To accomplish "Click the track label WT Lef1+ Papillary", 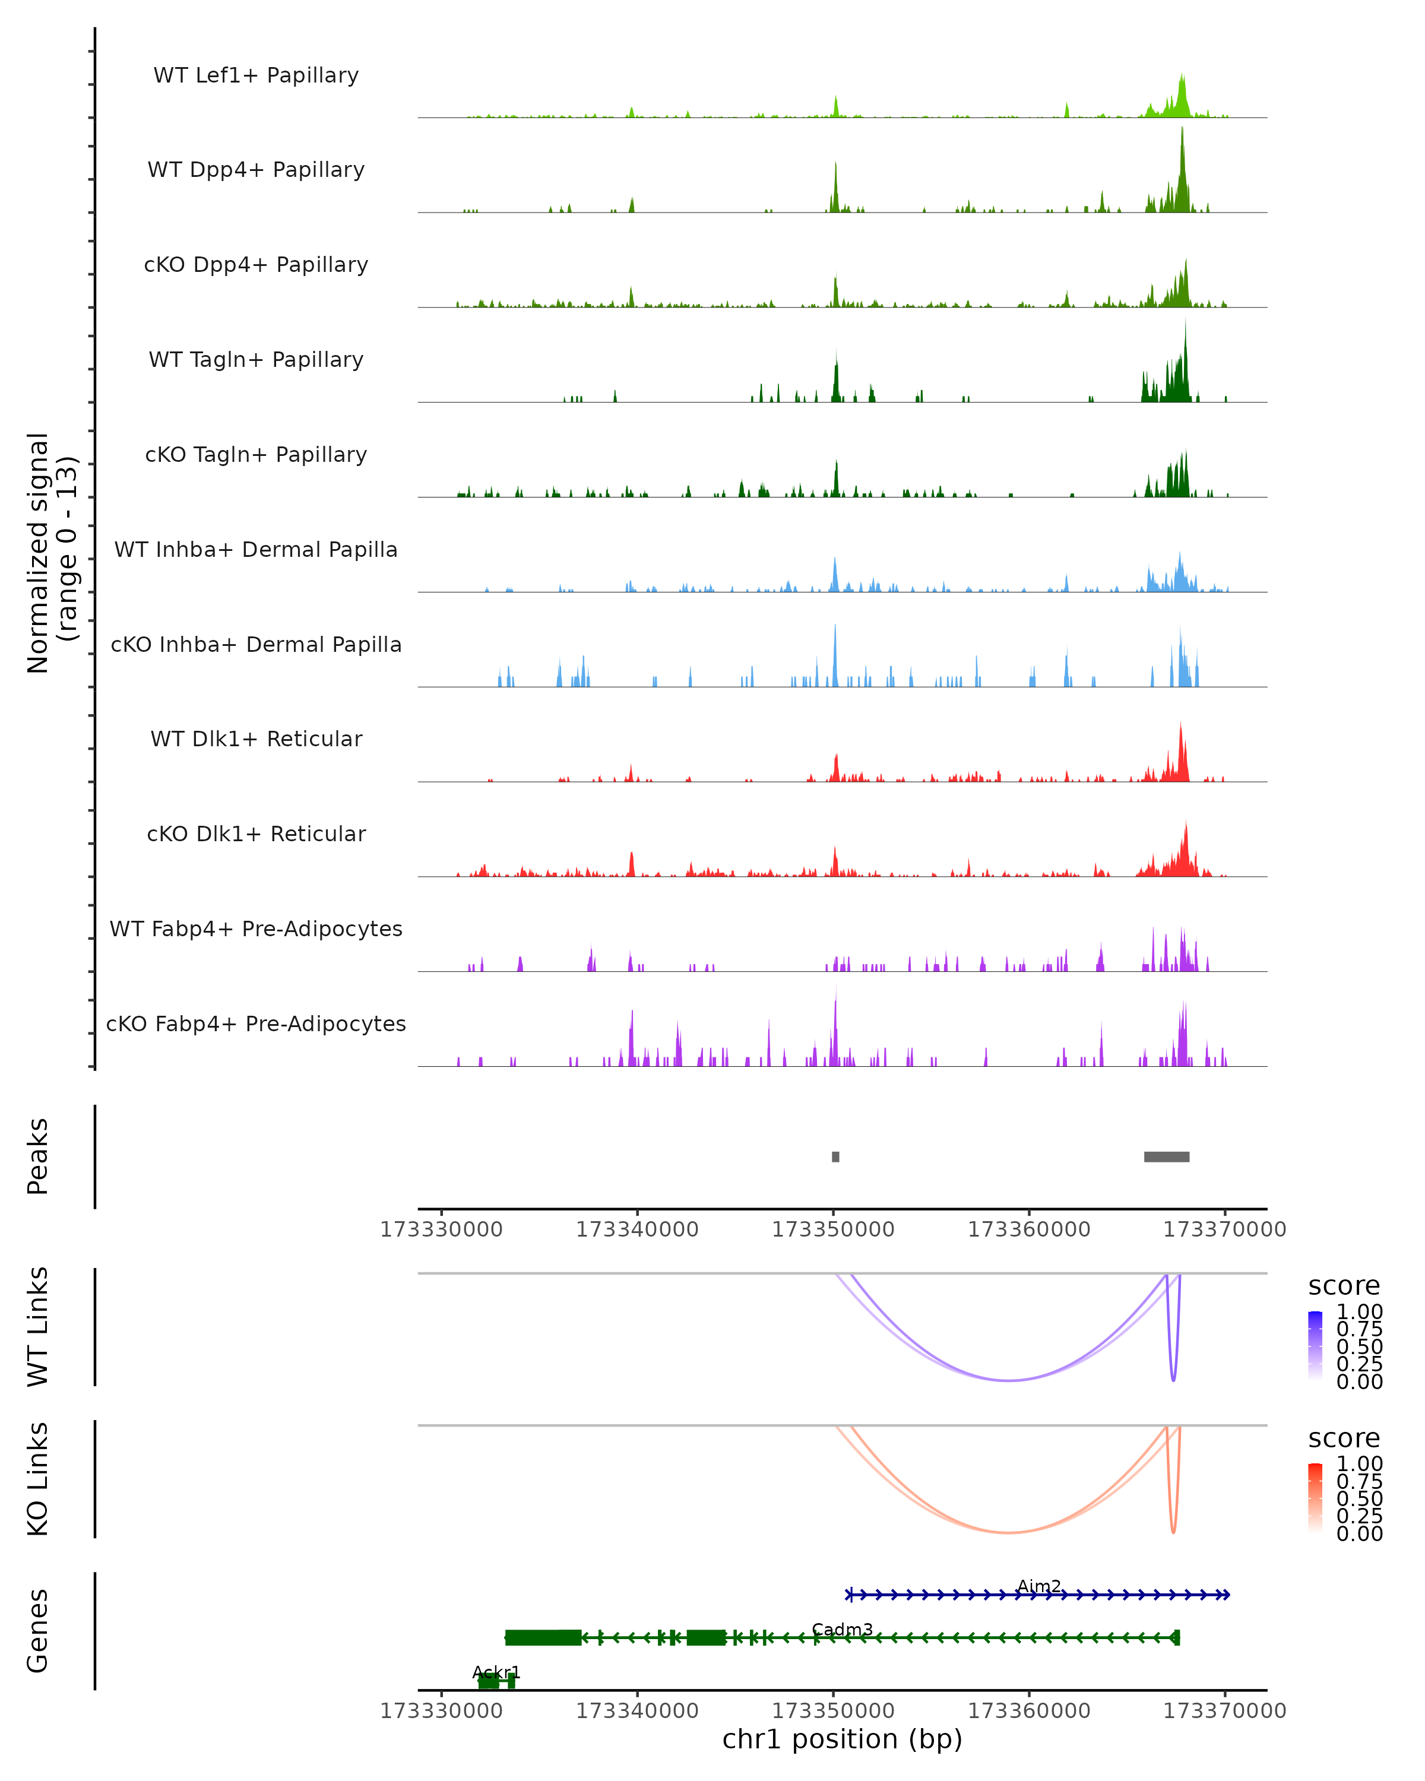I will pos(256,75).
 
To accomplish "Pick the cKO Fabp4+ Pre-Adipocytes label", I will pos(256,1023).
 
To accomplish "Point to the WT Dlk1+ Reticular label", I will pos(256,739).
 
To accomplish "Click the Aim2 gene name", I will pos(1038,1586).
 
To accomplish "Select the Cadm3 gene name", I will pos(842,1629).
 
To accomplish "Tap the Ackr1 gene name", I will pos(496,1672).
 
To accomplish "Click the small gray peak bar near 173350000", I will pos(835,1156).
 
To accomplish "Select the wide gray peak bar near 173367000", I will pos(1167,1156).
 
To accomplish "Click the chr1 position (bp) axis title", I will pos(842,1739).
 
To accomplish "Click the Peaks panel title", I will pos(38,1156).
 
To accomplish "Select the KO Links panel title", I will pos(38,1479).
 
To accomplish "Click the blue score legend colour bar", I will pos(1315,1345).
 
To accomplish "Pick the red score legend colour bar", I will pos(1315,1497).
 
